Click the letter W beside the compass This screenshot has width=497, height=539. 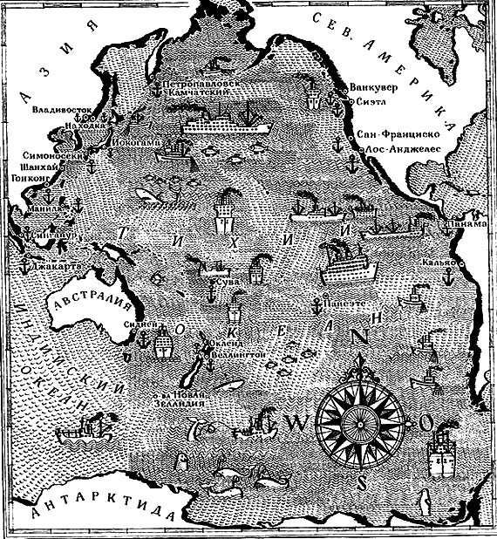(x=294, y=423)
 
